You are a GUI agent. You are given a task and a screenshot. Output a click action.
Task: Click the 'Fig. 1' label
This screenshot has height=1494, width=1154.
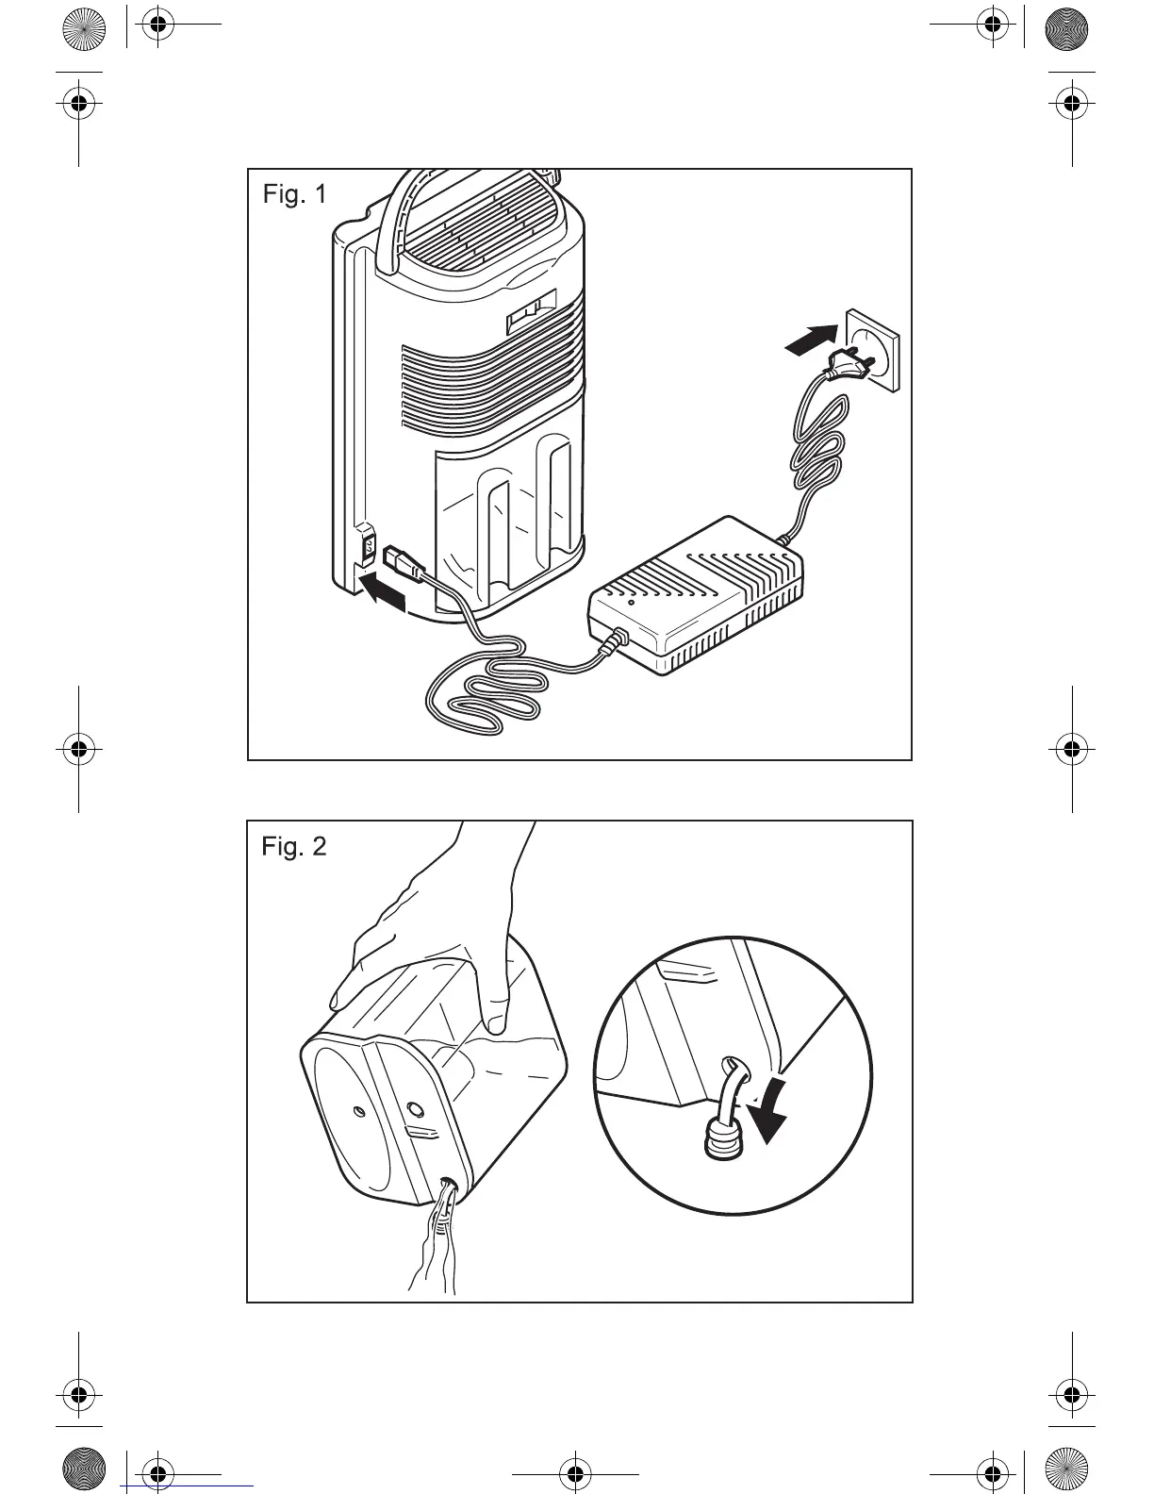tap(294, 194)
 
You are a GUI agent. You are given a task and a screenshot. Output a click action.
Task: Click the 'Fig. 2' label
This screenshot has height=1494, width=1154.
tap(294, 846)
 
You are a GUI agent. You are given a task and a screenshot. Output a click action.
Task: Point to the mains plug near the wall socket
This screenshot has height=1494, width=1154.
tap(849, 365)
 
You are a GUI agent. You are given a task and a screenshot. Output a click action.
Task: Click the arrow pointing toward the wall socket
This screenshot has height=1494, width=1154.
tap(811, 340)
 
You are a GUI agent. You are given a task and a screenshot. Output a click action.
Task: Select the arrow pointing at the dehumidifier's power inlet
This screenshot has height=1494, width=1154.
tap(387, 591)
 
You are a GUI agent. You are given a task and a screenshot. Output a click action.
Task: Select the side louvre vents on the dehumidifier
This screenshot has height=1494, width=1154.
tap(490, 387)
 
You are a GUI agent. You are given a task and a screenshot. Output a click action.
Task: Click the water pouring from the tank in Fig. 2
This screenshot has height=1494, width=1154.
tap(436, 1245)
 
